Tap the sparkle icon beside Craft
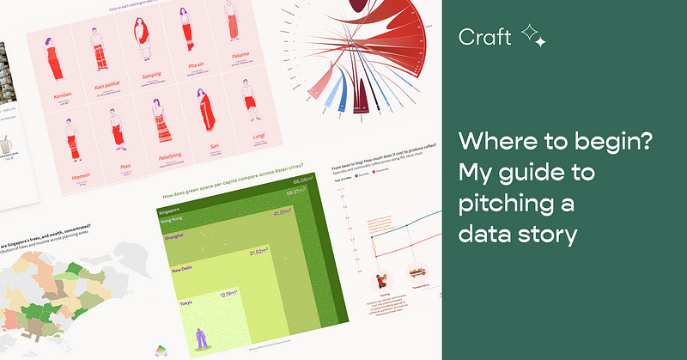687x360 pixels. click(x=533, y=35)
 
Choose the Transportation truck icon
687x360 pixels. click(x=420, y=274)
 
